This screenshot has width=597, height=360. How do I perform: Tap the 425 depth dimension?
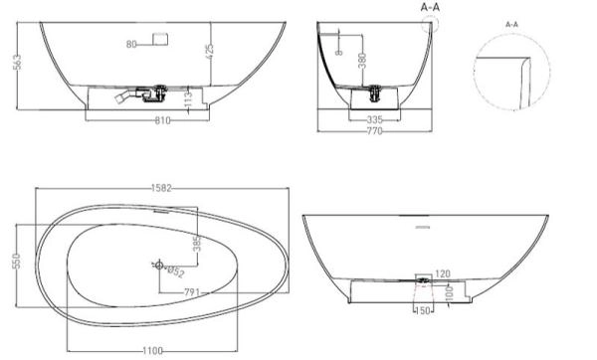(x=210, y=49)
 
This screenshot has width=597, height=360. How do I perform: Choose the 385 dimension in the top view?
(x=197, y=243)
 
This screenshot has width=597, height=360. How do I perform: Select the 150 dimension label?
(x=423, y=311)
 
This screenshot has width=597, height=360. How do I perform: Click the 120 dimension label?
(x=442, y=271)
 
